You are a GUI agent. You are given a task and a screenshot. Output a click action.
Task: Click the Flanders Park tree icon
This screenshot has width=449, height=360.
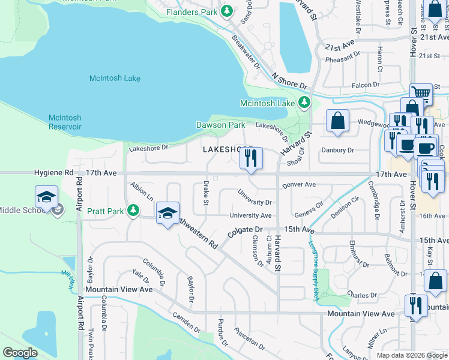pyautogui.click(x=227, y=11)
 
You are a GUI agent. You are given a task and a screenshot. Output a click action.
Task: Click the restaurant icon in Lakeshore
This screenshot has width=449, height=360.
pyautogui.click(x=251, y=158)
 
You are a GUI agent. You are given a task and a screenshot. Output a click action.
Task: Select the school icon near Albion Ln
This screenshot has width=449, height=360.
pyautogui.click(x=167, y=212)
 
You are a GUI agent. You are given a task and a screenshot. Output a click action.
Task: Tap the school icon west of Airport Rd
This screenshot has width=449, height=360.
pyautogui.click(x=46, y=197)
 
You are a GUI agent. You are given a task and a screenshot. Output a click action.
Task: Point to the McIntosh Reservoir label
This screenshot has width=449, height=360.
pyautogui.click(x=73, y=122)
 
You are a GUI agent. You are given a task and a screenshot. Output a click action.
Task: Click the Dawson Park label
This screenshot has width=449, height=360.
pyautogui.click(x=220, y=125)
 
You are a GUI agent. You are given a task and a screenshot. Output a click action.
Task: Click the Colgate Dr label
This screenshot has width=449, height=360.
pyautogui.click(x=245, y=230)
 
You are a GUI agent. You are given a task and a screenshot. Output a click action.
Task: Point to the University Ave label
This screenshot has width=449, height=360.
pyautogui.click(x=250, y=215)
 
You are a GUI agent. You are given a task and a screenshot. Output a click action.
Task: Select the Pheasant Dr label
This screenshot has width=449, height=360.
pyautogui.click(x=342, y=59)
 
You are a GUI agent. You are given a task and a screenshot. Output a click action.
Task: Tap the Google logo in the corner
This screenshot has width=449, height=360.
pyautogui.click(x=20, y=353)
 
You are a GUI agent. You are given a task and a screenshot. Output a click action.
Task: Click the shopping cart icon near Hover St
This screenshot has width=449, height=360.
pyautogui.click(x=421, y=94)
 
